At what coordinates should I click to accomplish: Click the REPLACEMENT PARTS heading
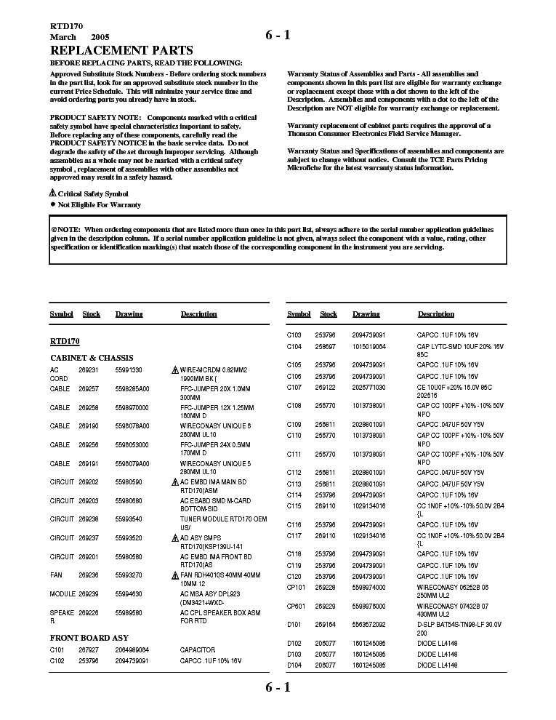[121, 50]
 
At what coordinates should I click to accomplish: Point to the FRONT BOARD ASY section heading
[89, 638]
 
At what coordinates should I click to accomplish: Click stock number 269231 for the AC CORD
[88, 369]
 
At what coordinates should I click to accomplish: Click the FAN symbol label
[57, 575]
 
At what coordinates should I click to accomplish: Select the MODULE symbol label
[63, 593]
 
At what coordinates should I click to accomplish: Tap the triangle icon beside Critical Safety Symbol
[52, 193]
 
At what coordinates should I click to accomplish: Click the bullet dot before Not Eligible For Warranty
[52, 205]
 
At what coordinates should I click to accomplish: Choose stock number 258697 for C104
[326, 347]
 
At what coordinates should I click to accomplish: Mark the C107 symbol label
[294, 387]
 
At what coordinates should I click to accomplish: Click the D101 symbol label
[294, 624]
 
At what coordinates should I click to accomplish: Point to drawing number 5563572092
[370, 624]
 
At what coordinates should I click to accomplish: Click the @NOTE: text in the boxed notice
[66, 228]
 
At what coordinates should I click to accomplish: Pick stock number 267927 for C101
[88, 649]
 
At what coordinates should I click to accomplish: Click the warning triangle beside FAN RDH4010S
[174, 575]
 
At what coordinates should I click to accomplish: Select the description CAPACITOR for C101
[198, 649]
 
